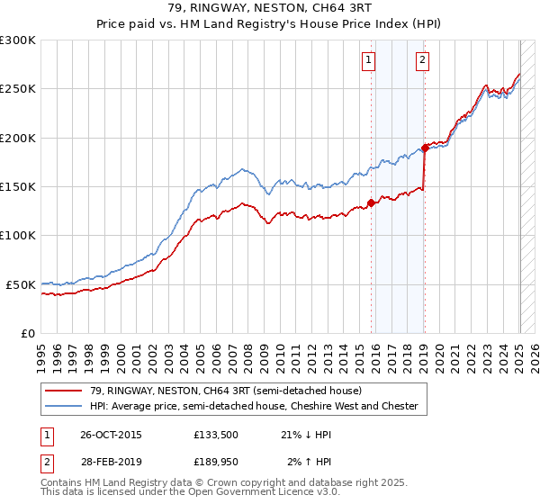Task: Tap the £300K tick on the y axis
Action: pos(18,40)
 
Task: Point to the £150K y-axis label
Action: pos(18,186)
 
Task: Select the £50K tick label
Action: pos(21,284)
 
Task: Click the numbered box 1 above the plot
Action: pos(369,60)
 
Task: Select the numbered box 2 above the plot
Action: pos(422,60)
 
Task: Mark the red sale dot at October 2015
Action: pos(371,202)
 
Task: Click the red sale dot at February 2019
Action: pos(425,148)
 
